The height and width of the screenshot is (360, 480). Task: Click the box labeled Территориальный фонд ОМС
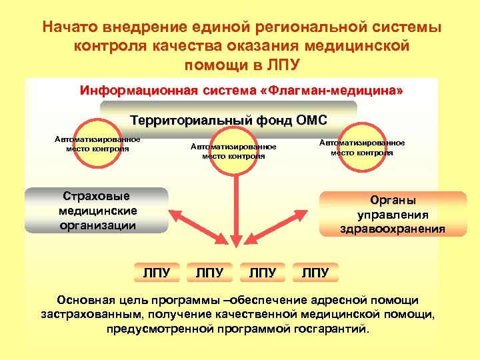coord(229,120)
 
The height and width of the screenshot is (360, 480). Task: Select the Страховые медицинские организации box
coord(97,211)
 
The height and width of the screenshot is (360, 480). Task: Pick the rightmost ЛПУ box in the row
coord(315,272)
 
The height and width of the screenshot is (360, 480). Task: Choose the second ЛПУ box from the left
coord(209,272)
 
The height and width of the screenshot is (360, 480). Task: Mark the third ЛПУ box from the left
coord(262,272)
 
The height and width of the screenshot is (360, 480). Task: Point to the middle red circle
coord(233,151)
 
